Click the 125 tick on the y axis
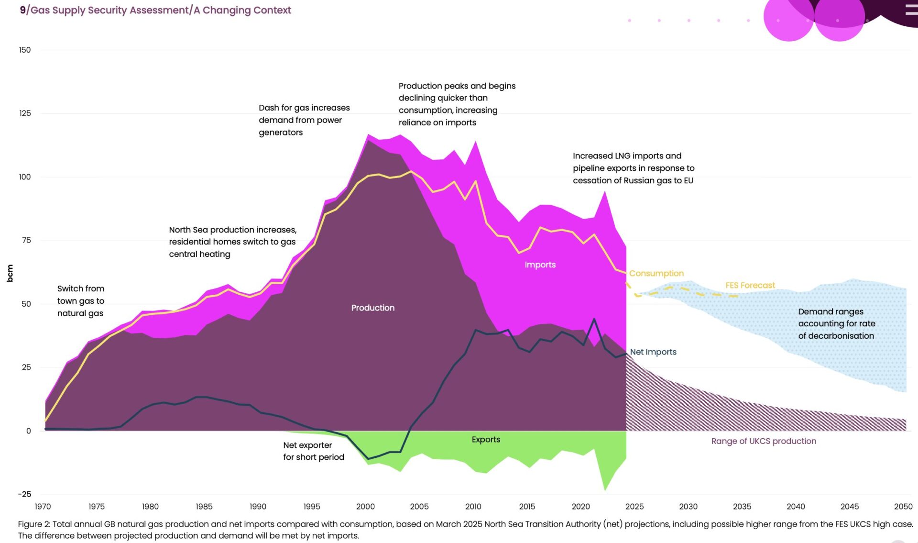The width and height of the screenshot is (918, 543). point(25,113)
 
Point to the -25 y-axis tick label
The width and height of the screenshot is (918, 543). point(24,494)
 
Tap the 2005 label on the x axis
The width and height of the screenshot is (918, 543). point(419,507)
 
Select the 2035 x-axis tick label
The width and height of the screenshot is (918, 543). point(742,507)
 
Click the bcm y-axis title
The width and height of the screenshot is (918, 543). point(10,273)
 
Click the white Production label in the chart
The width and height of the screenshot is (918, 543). point(373,308)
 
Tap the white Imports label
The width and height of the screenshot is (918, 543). point(540,265)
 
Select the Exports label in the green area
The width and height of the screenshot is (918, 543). point(486,440)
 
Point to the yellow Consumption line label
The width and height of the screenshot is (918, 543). point(656,274)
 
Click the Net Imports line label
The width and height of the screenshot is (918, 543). point(653,352)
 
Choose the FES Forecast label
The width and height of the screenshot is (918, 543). point(750,286)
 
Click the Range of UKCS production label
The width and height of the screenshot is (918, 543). point(764,441)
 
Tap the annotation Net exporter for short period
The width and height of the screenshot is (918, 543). point(313,451)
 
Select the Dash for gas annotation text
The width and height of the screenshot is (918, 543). point(304,120)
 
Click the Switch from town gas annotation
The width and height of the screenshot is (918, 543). point(81,301)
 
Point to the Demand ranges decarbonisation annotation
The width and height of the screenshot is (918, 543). point(836,324)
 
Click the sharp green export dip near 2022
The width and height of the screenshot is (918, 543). point(605,488)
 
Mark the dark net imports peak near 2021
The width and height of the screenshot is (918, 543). point(594,320)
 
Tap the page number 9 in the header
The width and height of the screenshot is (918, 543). point(22,10)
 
